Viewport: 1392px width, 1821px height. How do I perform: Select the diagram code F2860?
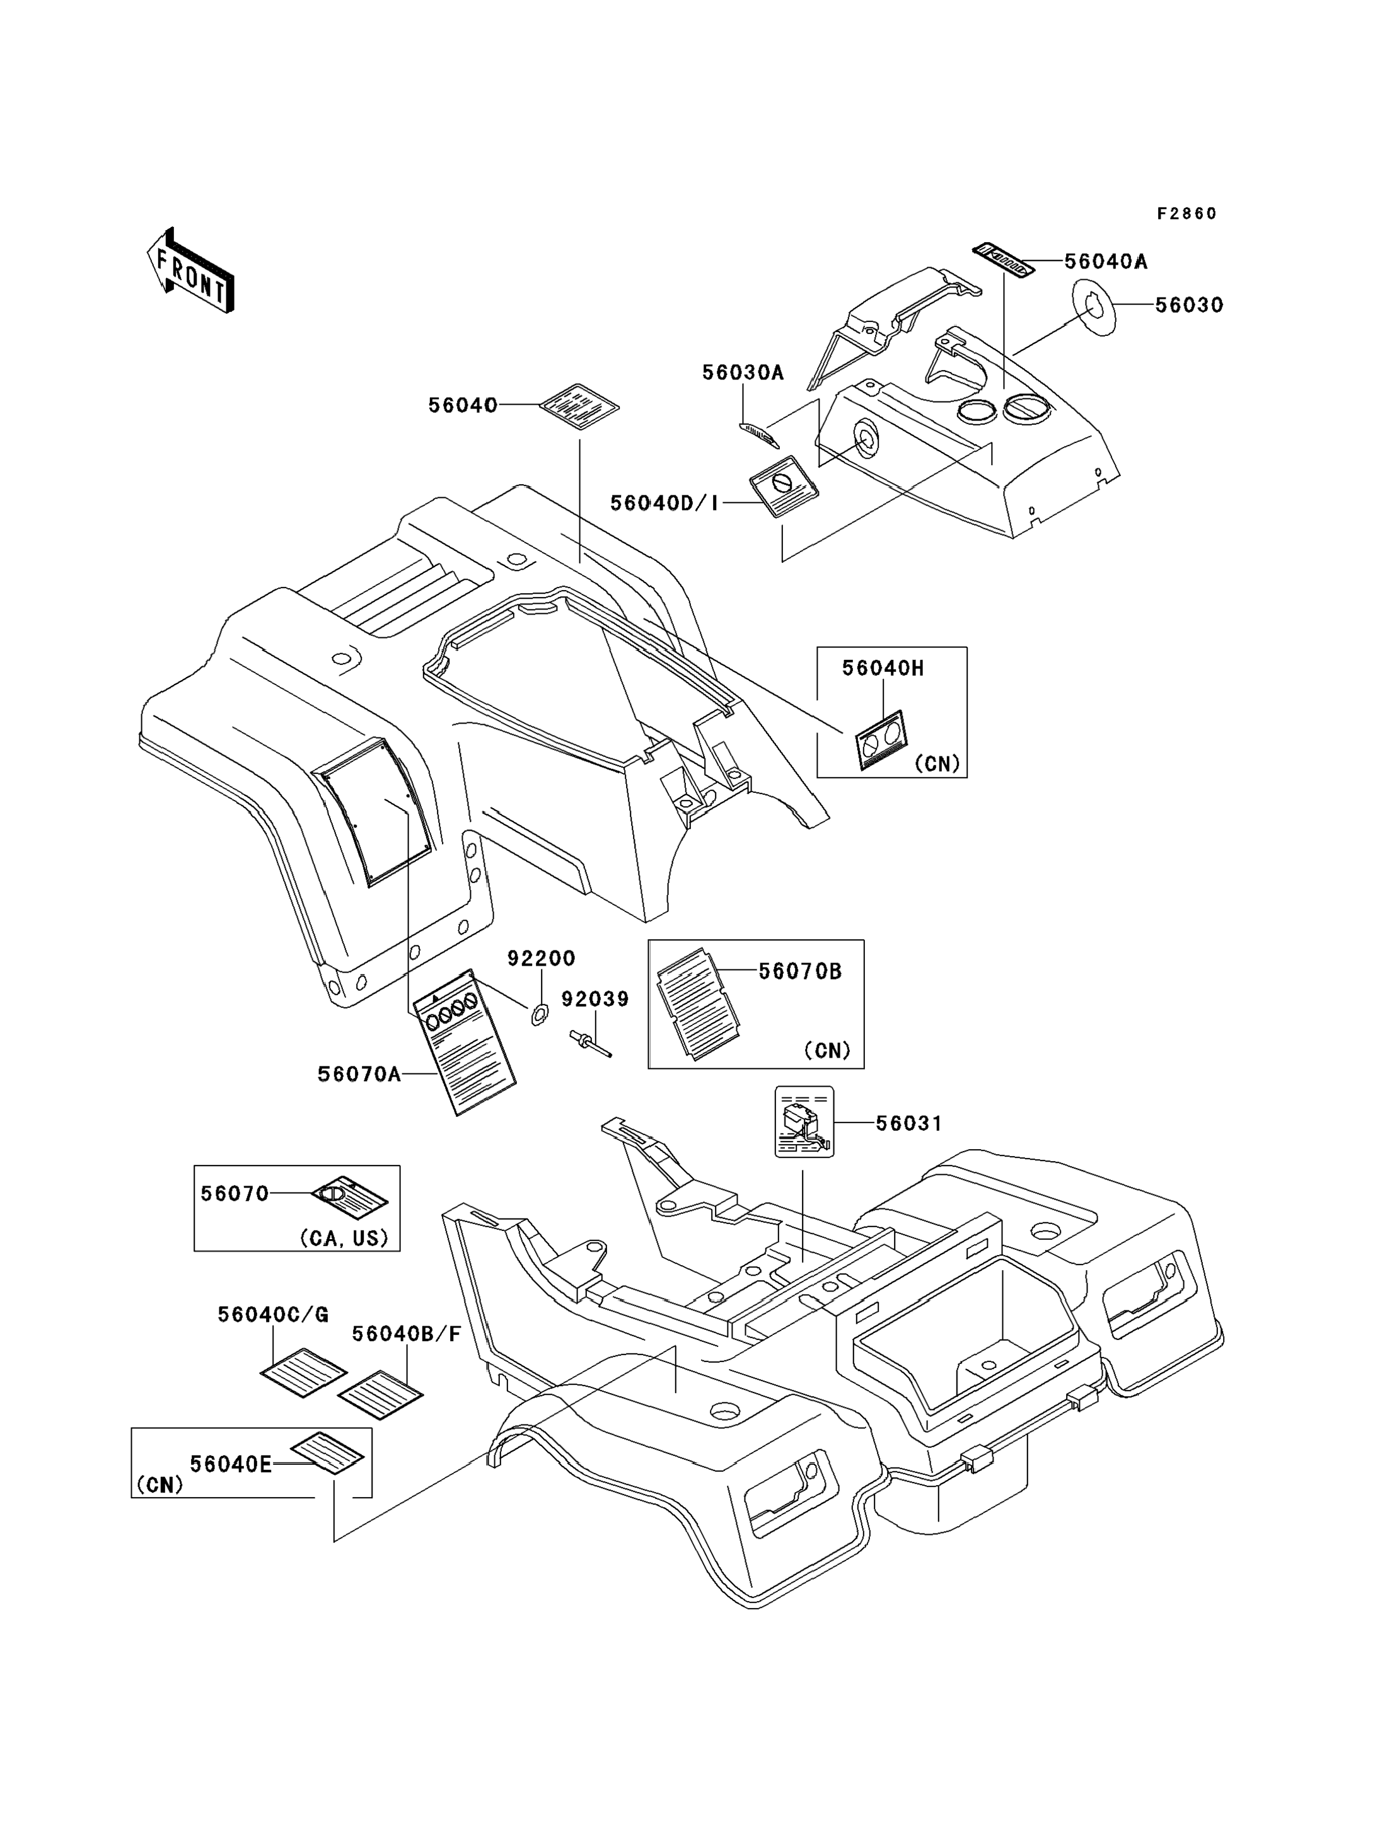pyautogui.click(x=1187, y=214)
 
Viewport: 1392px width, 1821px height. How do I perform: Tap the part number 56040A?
pyautogui.click(x=1105, y=262)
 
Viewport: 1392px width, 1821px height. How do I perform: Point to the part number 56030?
pyautogui.click(x=1189, y=305)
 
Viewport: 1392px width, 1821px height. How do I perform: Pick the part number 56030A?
pyautogui.click(x=743, y=373)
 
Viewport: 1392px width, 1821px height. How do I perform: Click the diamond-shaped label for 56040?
pyautogui.click(x=579, y=406)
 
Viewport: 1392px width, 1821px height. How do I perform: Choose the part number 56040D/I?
pyautogui.click(x=664, y=503)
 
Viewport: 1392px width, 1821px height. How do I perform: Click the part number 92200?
pyautogui.click(x=541, y=959)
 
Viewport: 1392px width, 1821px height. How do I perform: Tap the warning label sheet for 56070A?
pyautogui.click(x=464, y=1042)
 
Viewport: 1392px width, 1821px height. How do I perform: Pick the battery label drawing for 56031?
pyautogui.click(x=804, y=1122)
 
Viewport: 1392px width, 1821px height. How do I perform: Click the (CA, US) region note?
pyautogui.click(x=344, y=1238)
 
